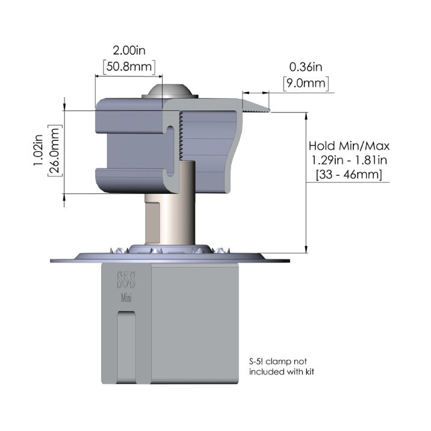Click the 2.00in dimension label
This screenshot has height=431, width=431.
[x=129, y=51]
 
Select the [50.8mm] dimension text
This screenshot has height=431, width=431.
[x=129, y=67]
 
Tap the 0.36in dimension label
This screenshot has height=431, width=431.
[x=306, y=67]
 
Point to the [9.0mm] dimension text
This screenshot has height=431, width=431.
[x=306, y=83]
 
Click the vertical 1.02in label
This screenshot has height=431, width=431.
[x=38, y=150]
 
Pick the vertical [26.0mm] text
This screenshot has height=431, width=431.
[x=55, y=150]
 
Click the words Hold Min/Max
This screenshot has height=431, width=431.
[x=349, y=146]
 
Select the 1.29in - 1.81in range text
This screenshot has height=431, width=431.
[x=349, y=160]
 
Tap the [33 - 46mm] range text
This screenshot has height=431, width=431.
[x=349, y=175]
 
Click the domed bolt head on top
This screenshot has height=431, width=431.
[x=170, y=91]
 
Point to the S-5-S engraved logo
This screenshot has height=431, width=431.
[x=126, y=280]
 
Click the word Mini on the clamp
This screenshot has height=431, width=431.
[x=126, y=298]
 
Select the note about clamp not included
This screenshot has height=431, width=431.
[x=282, y=367]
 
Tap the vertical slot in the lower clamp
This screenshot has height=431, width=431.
[x=126, y=347]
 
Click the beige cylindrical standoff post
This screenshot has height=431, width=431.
[x=170, y=203]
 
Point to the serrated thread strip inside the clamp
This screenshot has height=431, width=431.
[x=181, y=135]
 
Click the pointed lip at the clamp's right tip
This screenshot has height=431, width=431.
[x=256, y=107]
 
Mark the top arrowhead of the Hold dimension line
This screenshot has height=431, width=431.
[x=306, y=116]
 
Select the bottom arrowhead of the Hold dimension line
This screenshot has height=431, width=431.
[x=306, y=249]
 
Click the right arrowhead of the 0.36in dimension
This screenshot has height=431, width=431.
[x=265, y=93]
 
